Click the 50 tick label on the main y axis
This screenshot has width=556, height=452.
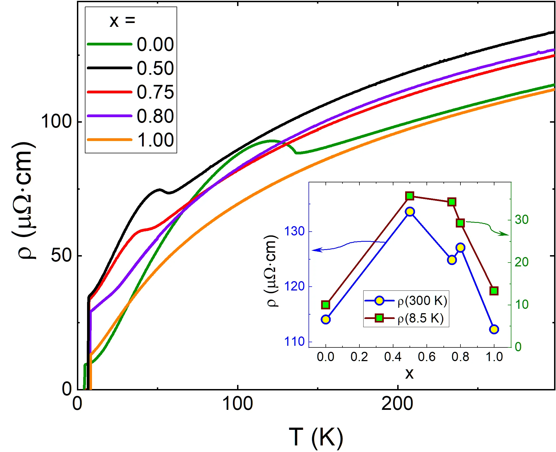tap(61, 255)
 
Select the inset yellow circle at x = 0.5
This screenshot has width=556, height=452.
tap(410, 212)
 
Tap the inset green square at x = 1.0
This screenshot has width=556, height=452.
tap(494, 291)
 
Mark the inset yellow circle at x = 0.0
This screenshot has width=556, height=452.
tap(325, 319)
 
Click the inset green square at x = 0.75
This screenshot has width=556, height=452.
tap(452, 202)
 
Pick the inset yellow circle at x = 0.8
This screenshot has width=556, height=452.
tap(460, 247)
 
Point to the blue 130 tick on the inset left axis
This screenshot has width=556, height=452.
tap(294, 232)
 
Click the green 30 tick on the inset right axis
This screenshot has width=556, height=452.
tap(522, 220)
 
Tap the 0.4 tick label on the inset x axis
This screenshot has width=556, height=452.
tap(393, 357)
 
